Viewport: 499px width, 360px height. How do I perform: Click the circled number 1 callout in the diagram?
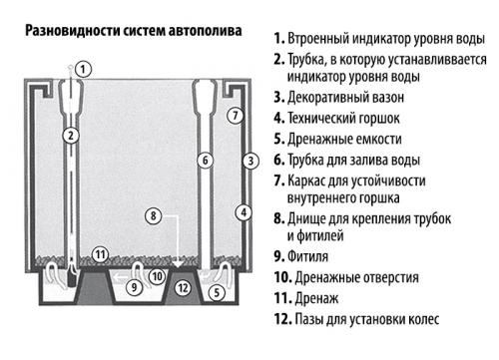pos(85,69)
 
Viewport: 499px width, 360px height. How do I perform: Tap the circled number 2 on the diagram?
pos(70,135)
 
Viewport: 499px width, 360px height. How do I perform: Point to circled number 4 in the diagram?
pos(242,211)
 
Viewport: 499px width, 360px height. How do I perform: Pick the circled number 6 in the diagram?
pos(204,160)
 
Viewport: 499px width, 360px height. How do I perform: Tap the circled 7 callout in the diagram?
pos(234,115)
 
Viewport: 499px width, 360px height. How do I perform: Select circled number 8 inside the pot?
pos(152,214)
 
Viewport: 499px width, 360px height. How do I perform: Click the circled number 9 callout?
pos(135,287)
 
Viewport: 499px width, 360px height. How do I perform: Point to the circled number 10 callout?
pos(156,275)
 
